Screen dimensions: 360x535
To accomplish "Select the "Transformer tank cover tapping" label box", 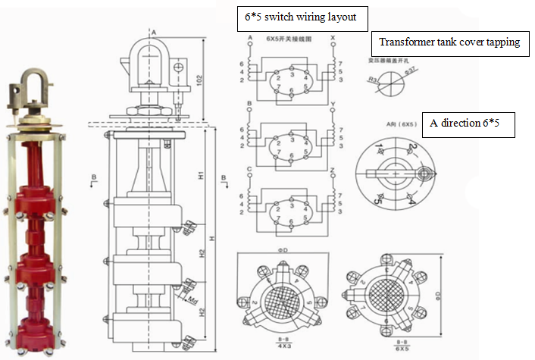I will click(449, 42).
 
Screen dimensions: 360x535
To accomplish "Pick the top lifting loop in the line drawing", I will click(153, 58).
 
